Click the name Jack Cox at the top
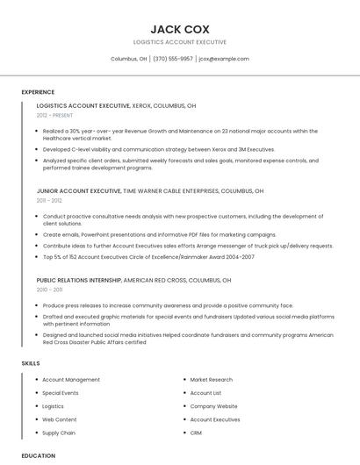(x=179, y=28)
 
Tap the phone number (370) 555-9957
(x=173, y=59)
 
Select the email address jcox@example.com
(x=224, y=59)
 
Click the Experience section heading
(x=38, y=92)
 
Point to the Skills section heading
(x=30, y=362)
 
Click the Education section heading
(x=38, y=455)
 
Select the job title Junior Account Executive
(x=79, y=190)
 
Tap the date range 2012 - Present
(x=55, y=115)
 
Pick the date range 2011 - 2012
(x=49, y=201)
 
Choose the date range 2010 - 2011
(x=49, y=290)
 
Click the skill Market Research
(x=211, y=380)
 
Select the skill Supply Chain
(x=59, y=433)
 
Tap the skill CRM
(x=196, y=433)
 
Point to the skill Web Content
(x=60, y=419)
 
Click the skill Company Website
(x=213, y=406)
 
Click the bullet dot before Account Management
(x=36, y=380)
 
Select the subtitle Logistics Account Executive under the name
(x=179, y=42)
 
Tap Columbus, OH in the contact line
(x=128, y=59)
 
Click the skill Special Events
(x=61, y=393)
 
